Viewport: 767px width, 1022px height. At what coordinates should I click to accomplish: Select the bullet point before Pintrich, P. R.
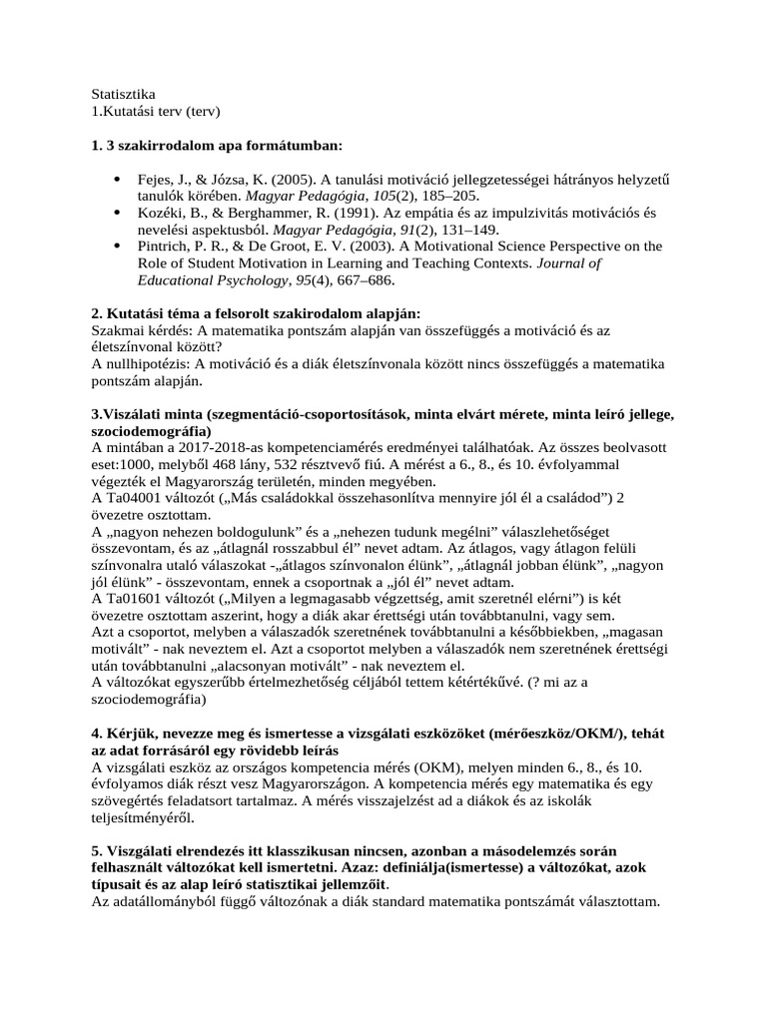[118, 247]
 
